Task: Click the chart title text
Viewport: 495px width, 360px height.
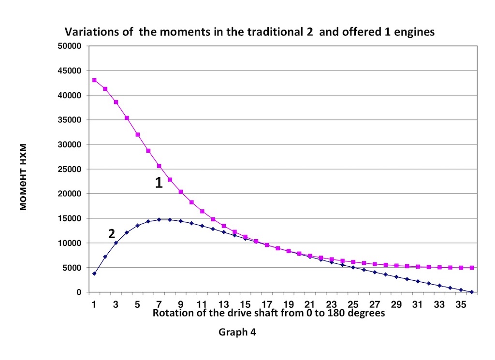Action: click(x=250, y=32)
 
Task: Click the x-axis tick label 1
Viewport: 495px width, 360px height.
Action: click(x=94, y=305)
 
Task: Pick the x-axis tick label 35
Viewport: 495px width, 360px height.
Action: click(x=461, y=305)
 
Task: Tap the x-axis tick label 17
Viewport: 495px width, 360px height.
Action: click(x=267, y=305)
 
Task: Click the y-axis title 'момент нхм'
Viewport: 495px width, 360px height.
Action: click(x=22, y=177)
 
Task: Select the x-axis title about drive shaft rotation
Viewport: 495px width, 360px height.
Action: click(x=269, y=313)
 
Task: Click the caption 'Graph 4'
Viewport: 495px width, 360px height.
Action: click(x=237, y=332)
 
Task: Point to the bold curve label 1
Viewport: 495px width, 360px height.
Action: click(x=159, y=183)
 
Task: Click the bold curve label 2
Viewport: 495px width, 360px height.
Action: click(x=112, y=234)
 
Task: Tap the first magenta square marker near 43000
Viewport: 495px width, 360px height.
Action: click(x=94, y=80)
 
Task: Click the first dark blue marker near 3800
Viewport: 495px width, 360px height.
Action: click(x=94, y=274)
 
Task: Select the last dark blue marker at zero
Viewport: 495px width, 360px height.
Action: click(x=472, y=292)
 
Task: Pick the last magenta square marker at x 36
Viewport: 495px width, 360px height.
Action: click(x=472, y=268)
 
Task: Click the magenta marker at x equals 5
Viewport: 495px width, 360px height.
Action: click(x=138, y=134)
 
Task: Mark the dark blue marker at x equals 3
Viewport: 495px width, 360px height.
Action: click(x=116, y=243)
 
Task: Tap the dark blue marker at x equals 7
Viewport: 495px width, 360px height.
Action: click(x=159, y=219)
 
